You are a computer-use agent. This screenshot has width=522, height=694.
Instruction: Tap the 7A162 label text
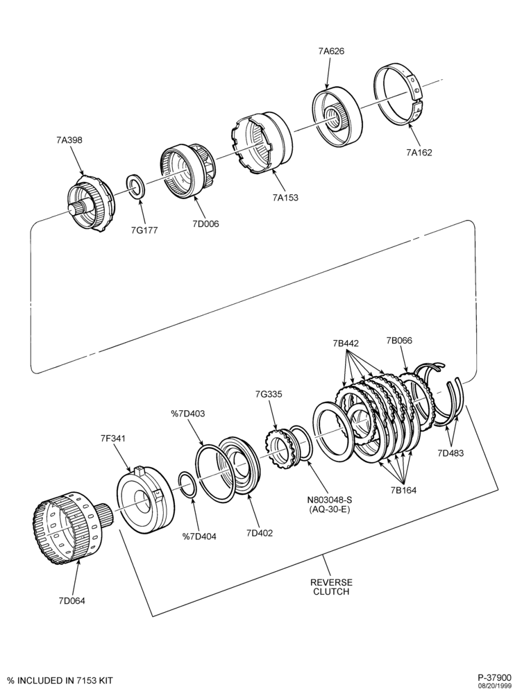(x=419, y=153)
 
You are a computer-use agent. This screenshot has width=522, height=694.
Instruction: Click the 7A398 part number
(x=69, y=140)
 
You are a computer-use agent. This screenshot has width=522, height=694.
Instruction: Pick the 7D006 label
(x=205, y=223)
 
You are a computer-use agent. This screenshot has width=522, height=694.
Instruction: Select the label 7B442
(x=346, y=343)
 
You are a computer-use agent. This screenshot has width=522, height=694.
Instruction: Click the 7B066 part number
(x=399, y=340)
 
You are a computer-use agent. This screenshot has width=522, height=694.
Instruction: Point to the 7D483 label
(x=451, y=452)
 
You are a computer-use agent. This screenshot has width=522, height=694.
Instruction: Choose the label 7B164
(x=403, y=490)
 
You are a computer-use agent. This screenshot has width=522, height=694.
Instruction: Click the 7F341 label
(x=112, y=438)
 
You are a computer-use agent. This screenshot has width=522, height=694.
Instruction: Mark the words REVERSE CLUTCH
(x=331, y=587)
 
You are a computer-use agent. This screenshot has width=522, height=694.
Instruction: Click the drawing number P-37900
(x=494, y=677)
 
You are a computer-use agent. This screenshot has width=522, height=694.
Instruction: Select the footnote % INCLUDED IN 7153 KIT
(x=60, y=680)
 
